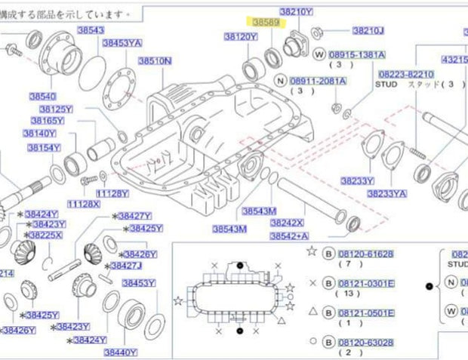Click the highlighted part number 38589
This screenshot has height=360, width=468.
click(266, 23)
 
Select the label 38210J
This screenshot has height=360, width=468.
click(368, 31)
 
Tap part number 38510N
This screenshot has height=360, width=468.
click(153, 60)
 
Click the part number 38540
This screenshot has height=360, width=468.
click(42, 97)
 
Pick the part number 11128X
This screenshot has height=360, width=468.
click(83, 204)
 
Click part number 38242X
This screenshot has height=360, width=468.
click(287, 223)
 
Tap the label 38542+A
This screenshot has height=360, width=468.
click(289, 236)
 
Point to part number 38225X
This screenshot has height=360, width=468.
click(46, 235)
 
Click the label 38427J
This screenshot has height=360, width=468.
click(126, 266)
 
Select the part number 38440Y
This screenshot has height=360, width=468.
click(120, 352)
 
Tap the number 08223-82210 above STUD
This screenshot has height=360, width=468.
click(406, 74)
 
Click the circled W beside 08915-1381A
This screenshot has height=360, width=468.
click(319, 55)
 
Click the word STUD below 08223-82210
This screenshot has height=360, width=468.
click(386, 85)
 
